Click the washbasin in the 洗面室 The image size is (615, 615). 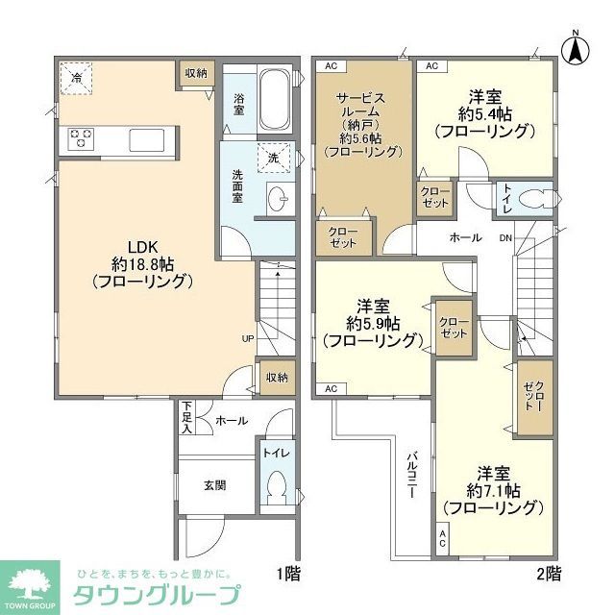(281, 200)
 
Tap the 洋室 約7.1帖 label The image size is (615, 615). (493, 490)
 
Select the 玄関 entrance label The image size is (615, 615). (214, 485)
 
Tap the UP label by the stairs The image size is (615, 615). (248, 338)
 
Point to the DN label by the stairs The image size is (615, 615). (505, 238)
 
